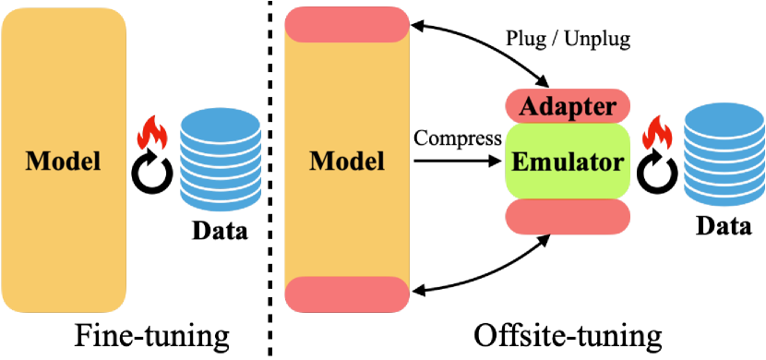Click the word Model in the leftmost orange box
pyautogui.click(x=63, y=161)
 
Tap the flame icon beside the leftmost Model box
pyautogui.click(x=150, y=136)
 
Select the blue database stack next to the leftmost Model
pyautogui.click(x=220, y=159)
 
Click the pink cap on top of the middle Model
pyautogui.click(x=347, y=24)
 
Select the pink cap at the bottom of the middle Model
pyautogui.click(x=347, y=294)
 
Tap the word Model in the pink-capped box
pyautogui.click(x=347, y=161)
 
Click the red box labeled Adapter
pyautogui.click(x=568, y=106)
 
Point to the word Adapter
pyautogui.click(x=568, y=106)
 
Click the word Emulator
pyautogui.click(x=568, y=163)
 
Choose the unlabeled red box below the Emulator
pyautogui.click(x=568, y=217)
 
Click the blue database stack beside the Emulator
pyautogui.click(x=724, y=154)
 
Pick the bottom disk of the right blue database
pyautogui.click(x=724, y=192)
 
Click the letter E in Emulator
pyautogui.click(x=520, y=163)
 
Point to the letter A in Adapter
pyautogui.click(x=527, y=106)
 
